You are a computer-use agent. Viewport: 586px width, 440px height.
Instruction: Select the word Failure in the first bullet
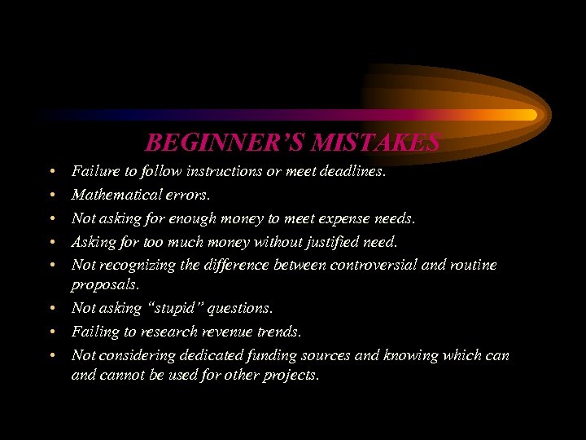point(94,172)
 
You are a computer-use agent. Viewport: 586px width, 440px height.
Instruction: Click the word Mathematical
point(116,196)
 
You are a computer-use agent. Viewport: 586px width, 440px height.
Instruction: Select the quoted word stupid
point(165,309)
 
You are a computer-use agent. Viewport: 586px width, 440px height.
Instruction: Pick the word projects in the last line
point(292,376)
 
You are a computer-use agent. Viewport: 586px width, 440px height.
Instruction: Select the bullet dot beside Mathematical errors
point(51,196)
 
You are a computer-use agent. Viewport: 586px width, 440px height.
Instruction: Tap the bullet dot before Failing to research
point(51,332)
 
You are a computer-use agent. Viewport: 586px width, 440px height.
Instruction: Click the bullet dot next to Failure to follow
point(51,172)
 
